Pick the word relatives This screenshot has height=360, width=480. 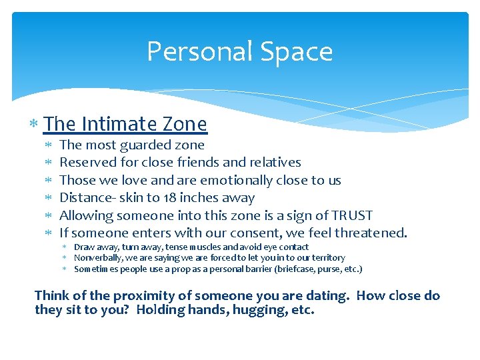click(275, 163)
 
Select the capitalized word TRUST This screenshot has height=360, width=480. click(348, 215)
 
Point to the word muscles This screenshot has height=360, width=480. click(211, 247)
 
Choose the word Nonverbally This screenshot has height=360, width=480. click(96, 258)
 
